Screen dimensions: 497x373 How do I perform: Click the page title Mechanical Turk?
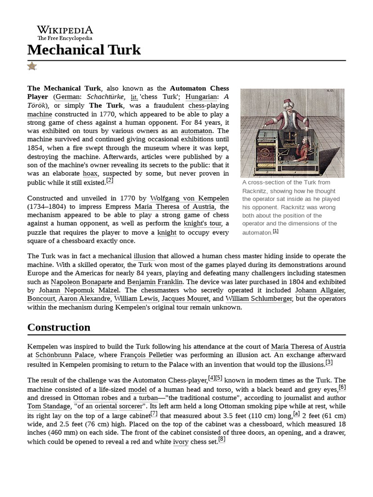[84, 50]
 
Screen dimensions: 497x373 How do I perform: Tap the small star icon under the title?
[32, 66]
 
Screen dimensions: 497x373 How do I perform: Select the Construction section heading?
[59, 327]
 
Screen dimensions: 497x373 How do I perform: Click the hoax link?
[90, 173]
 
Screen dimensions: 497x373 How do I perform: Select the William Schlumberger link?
[259, 299]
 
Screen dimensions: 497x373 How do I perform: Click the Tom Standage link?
[48, 406]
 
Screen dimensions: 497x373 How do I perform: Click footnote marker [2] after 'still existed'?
[110, 181]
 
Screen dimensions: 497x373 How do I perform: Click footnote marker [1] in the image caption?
[275, 231]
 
